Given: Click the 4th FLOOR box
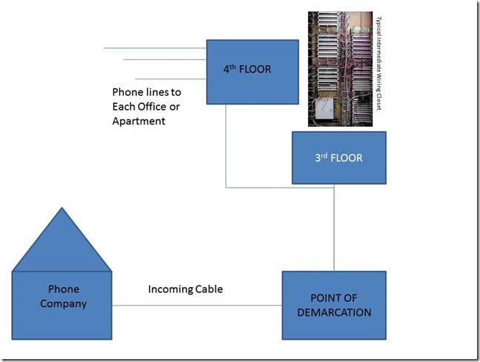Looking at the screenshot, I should (x=252, y=71).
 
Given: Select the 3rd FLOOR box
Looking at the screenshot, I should (x=339, y=157).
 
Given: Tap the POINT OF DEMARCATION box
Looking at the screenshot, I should (x=333, y=305).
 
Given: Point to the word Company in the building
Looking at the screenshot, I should (x=63, y=303).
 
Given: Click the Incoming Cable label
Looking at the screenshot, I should (x=185, y=289).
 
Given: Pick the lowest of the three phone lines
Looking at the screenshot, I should (x=170, y=79).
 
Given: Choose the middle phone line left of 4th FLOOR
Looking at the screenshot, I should (x=163, y=60).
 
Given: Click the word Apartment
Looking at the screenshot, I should (x=138, y=121).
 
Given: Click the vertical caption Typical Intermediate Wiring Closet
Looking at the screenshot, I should (x=379, y=65).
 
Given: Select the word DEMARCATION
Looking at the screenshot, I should (x=333, y=312).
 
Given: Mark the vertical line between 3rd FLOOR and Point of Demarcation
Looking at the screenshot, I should (x=334, y=230).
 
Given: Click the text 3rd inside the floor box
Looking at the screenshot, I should (x=320, y=158).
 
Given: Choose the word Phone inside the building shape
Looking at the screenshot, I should (x=63, y=289).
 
